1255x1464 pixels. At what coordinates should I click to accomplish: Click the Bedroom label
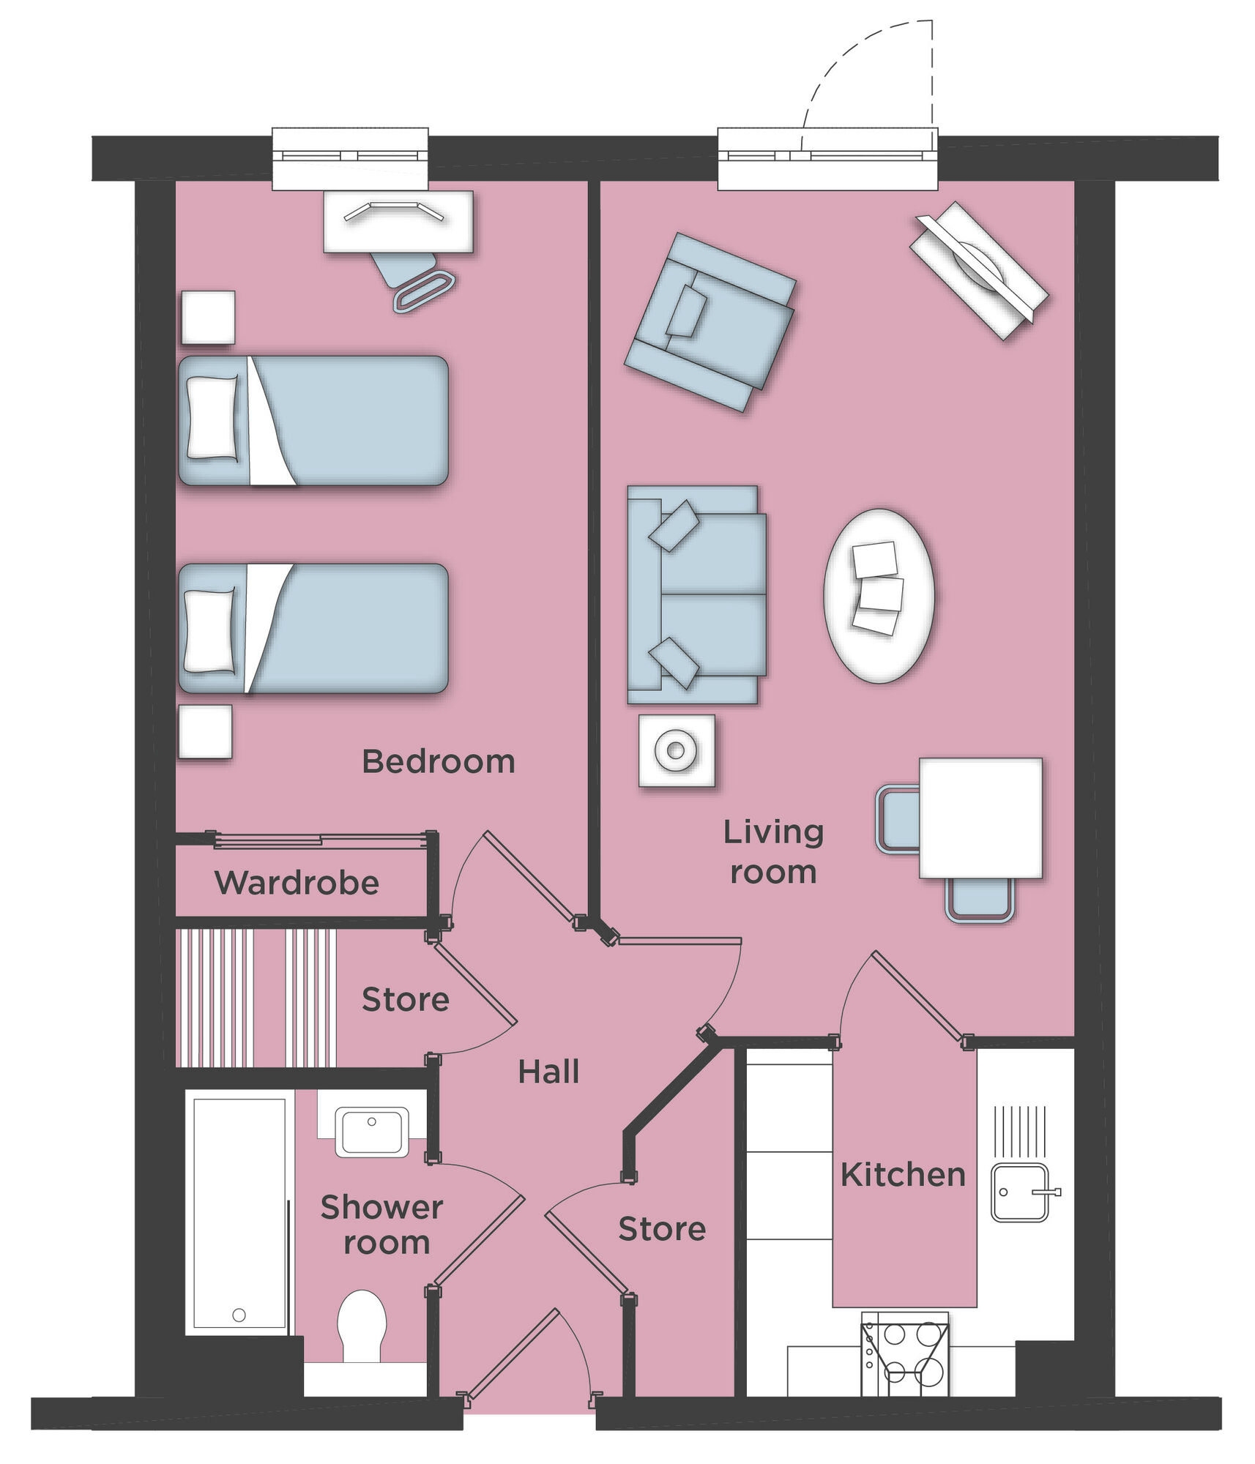click(438, 762)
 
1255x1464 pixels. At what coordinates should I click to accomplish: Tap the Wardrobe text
click(297, 883)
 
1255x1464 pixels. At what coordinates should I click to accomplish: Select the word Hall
click(548, 1072)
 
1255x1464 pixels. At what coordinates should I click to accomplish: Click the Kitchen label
click(902, 1175)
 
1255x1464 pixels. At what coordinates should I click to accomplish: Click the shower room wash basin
click(372, 1131)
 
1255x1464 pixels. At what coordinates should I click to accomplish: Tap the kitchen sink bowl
click(1018, 1192)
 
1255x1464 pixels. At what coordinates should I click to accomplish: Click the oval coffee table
click(879, 596)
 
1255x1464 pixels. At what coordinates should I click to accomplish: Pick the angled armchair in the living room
click(710, 322)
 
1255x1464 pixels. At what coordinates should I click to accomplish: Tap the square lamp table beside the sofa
click(676, 750)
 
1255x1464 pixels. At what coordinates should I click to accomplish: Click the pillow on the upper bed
click(212, 418)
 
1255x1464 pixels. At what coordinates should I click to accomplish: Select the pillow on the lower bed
click(209, 630)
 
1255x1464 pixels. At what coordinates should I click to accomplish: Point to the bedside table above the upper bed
click(208, 317)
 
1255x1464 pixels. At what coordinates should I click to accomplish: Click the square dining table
click(980, 818)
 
